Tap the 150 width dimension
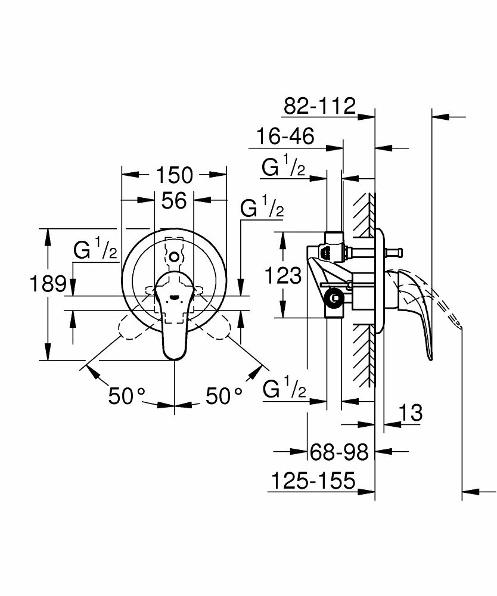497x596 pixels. tap(174, 175)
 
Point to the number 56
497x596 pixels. tap(174, 201)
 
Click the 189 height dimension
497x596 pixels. tap(48, 283)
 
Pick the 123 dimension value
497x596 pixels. tap(281, 276)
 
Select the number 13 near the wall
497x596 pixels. tap(410, 412)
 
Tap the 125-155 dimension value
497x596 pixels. tap(312, 480)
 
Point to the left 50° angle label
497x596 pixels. tap(127, 396)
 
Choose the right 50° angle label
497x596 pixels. tap(225, 396)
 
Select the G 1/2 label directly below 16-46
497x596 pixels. tap(284, 167)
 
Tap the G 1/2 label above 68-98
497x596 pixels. tap(284, 391)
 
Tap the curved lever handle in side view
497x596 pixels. tap(420, 310)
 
